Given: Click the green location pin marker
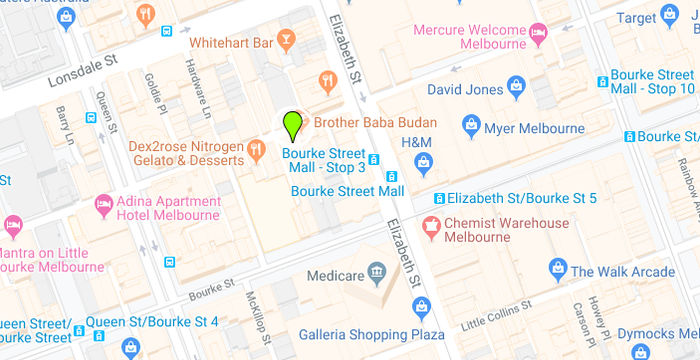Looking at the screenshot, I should pos(292,126).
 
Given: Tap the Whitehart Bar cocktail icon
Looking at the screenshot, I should pos(287,41).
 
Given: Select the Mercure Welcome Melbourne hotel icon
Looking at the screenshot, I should pos(539,35).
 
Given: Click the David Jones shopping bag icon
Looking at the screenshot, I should pos(516,88).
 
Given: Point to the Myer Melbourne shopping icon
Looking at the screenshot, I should pos(472,125).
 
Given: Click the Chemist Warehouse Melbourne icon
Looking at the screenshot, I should pos(433,226).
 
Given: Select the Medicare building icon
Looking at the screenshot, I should pos(377,270).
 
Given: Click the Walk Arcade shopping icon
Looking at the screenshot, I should pos(558,268).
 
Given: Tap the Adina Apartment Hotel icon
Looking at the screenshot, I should pos(104,205).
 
